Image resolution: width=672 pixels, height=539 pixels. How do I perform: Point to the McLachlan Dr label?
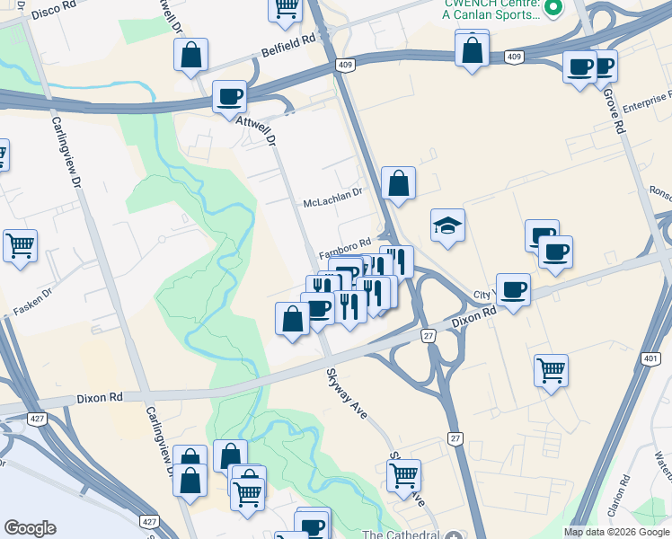coord(332,203)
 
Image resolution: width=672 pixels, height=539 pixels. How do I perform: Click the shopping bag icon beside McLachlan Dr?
coord(397,183)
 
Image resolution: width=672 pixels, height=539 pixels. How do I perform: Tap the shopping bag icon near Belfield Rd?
coord(191,56)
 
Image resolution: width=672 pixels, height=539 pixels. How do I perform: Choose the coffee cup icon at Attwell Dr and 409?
coord(229,96)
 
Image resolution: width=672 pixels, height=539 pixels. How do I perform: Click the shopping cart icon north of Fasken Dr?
coord(20,244)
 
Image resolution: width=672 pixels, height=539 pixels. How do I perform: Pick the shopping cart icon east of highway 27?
coord(550,369)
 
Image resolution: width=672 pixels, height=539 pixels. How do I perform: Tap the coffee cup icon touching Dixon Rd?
coord(512,289)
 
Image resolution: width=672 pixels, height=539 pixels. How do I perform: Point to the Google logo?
coord(30,528)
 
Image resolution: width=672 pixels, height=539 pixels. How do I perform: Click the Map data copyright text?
coord(616,532)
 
